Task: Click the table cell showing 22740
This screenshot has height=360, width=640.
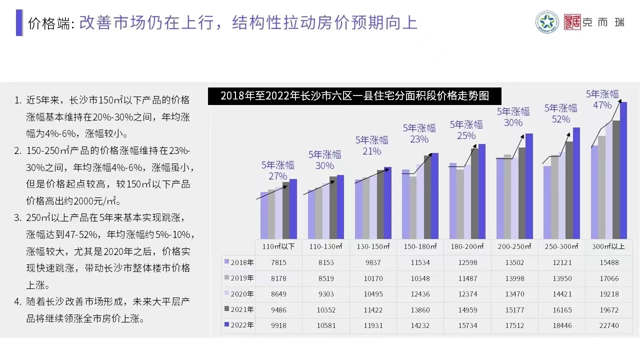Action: (608, 325)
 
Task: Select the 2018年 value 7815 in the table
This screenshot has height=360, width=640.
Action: (278, 262)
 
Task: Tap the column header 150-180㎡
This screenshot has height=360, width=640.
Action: (419, 246)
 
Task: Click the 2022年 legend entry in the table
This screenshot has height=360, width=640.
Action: (239, 325)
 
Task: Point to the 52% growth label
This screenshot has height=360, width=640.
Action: (560, 119)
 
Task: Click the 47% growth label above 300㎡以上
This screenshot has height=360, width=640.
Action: (602, 105)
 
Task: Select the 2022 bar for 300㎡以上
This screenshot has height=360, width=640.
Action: (623, 170)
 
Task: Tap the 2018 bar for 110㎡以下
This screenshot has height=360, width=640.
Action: (263, 215)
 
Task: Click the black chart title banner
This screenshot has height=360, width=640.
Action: (354, 95)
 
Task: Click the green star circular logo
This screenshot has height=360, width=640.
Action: (547, 22)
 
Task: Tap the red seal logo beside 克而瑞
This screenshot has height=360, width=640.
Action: (572, 22)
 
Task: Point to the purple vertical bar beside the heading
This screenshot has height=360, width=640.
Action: (19, 22)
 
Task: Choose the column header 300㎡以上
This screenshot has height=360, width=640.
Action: (608, 246)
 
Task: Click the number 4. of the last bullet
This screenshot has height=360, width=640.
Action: (18, 302)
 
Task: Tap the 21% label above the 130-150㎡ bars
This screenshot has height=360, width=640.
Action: (372, 151)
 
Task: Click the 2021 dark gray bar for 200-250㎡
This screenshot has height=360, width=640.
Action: (522, 193)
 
